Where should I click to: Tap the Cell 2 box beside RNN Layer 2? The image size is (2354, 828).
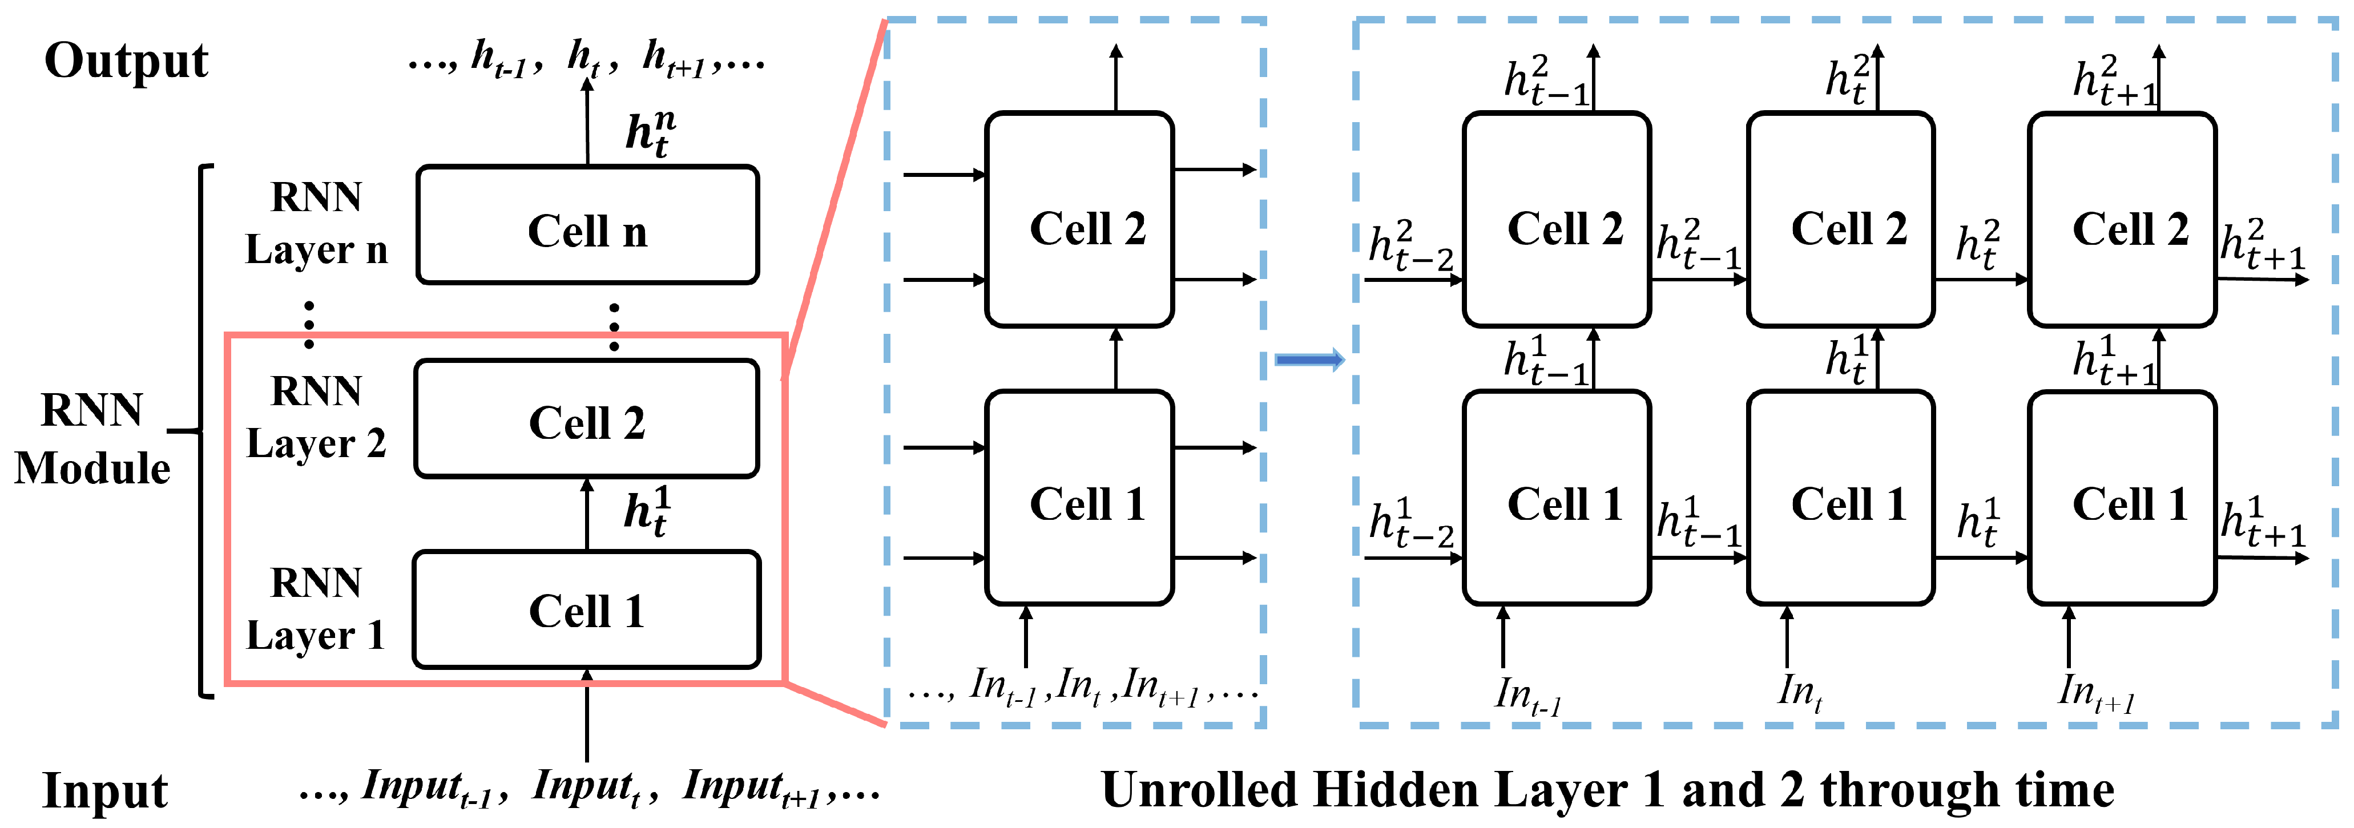(x=587, y=419)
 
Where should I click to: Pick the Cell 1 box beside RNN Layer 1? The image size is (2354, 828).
(x=587, y=609)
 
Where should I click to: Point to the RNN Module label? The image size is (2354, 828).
(x=91, y=439)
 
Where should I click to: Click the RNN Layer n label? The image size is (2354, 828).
(x=316, y=224)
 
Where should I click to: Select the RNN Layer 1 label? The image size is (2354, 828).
(x=316, y=609)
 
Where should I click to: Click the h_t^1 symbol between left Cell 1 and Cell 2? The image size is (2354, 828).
(x=647, y=512)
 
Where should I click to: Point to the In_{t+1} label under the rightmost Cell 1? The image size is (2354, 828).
(x=2094, y=693)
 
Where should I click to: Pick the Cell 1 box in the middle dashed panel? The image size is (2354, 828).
(x=1079, y=498)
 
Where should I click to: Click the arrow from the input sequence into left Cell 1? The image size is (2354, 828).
(x=587, y=717)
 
